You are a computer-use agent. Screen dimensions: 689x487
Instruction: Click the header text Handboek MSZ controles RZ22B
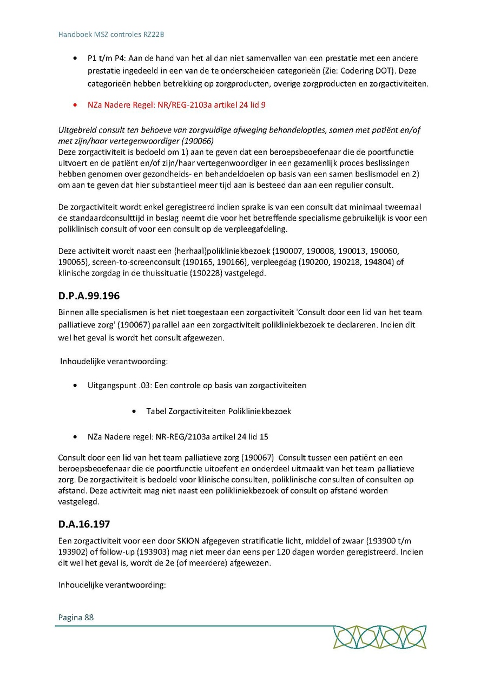pyautogui.click(x=111, y=35)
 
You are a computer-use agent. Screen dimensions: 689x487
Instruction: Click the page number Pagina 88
pyautogui.click(x=76, y=617)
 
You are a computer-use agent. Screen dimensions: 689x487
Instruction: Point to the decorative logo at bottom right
pyautogui.click(x=379, y=637)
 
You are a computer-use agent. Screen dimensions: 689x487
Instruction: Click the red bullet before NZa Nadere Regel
pyautogui.click(x=75, y=105)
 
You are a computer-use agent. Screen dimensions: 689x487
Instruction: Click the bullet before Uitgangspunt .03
pyautogui.click(x=75, y=385)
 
